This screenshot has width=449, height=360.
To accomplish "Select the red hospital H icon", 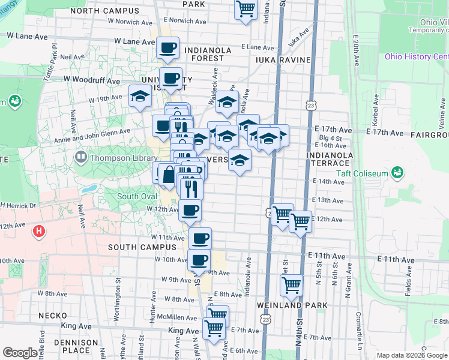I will [x=39, y=230].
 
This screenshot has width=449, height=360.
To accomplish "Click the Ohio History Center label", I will [x=417, y=56].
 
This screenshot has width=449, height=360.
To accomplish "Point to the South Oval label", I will [x=136, y=196].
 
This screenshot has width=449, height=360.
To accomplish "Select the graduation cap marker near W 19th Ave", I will [x=140, y=96].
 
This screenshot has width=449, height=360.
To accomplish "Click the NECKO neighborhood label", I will [x=52, y=315].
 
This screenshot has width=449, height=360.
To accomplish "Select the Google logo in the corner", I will [x=20, y=353].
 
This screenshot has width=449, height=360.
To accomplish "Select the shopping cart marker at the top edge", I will [x=246, y=8].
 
